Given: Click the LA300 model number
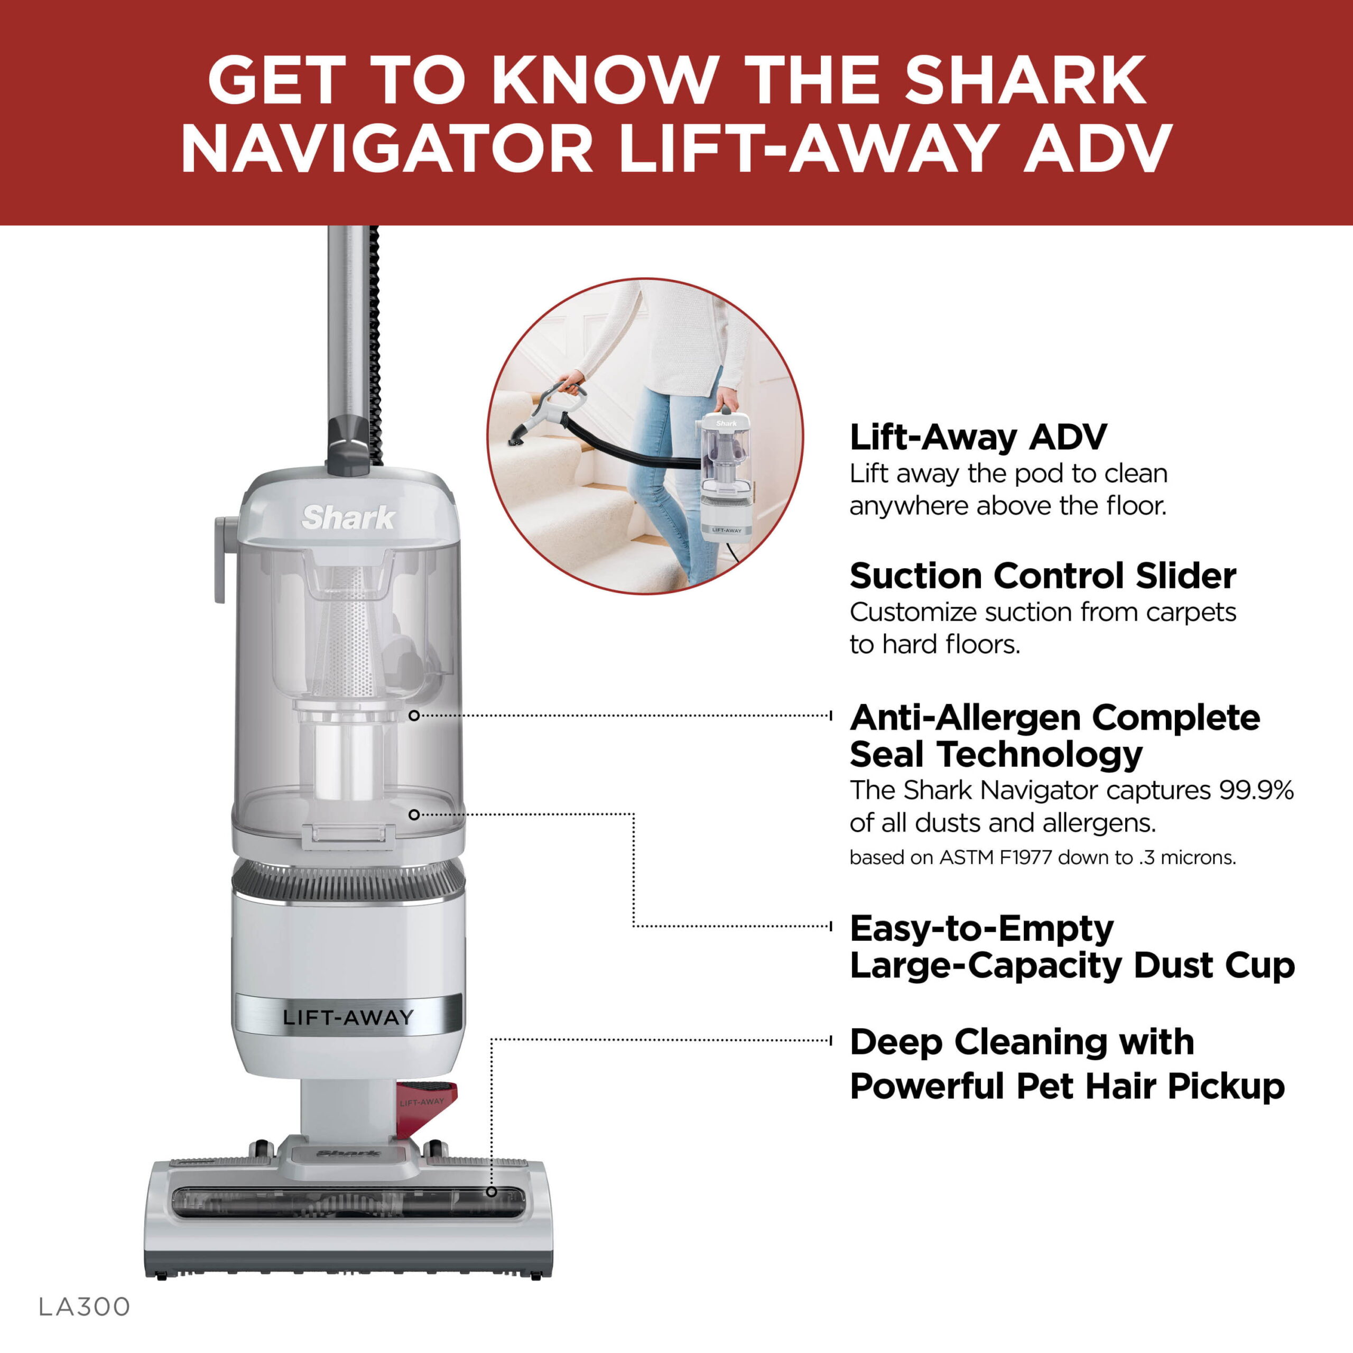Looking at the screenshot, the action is (84, 1307).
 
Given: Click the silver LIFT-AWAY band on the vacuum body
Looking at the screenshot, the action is (347, 1017).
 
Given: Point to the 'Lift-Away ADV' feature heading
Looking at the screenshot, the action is (978, 438).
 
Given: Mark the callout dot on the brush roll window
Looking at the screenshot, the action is (492, 1192).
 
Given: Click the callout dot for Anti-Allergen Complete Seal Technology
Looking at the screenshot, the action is (414, 716).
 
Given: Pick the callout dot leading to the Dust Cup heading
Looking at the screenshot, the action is (414, 815).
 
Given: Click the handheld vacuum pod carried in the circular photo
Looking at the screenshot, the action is (726, 472).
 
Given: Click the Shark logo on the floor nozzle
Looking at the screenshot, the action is (348, 1153).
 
